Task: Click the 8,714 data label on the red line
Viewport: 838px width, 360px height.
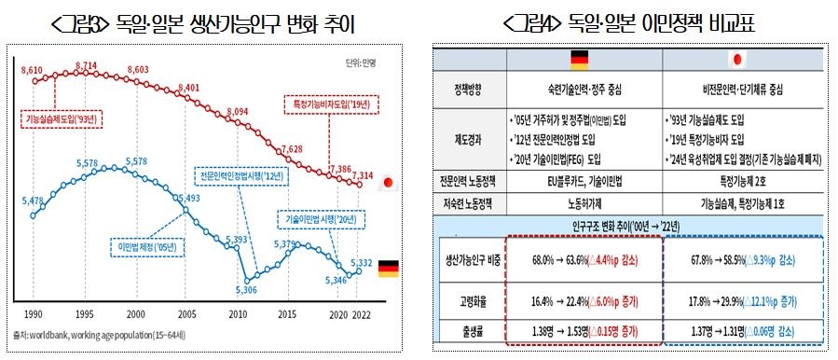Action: point(86,64)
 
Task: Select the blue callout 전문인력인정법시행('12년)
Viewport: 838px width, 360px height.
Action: point(240,174)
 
